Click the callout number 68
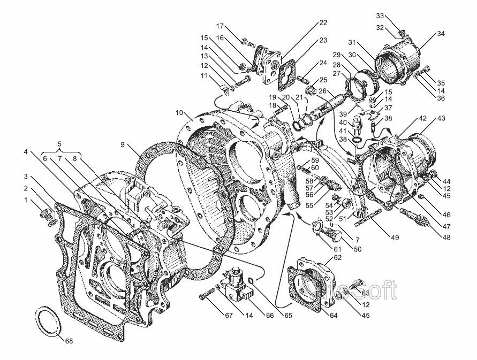pyautogui.click(x=68, y=340)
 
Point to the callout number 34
pyautogui.click(x=441, y=34)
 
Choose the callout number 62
pyautogui.click(x=337, y=257)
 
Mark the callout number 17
pyautogui.click(x=219, y=25)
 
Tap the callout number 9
pyautogui.click(x=122, y=144)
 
